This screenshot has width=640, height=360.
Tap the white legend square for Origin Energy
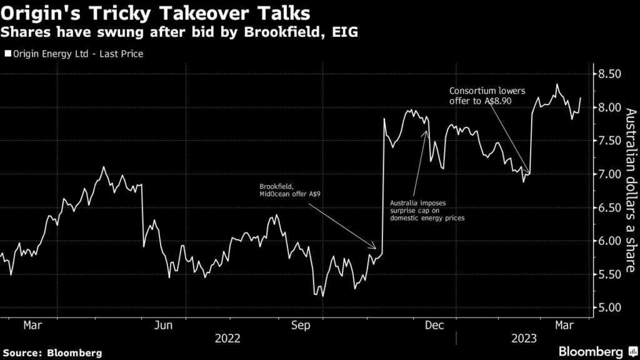8,54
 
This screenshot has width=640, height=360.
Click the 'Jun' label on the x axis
163,325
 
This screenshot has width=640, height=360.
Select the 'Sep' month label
302,325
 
